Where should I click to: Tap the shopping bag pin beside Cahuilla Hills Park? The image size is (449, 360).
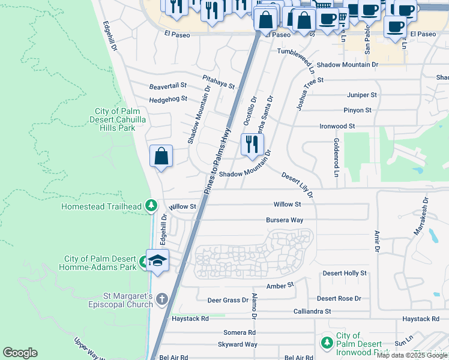[161, 157]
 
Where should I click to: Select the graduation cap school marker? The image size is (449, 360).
[157, 260]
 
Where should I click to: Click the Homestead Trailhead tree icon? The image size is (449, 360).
[151, 206]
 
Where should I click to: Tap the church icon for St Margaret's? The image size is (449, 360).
[161, 298]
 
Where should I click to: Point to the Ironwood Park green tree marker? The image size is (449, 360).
[327, 343]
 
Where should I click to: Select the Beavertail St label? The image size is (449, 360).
[168, 86]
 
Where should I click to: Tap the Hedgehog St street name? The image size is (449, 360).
[168, 99]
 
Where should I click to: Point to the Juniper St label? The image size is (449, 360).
[361, 95]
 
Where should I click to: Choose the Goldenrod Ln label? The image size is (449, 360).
[336, 157]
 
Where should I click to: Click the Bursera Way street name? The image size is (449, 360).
[285, 220]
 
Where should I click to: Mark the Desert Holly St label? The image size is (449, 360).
[345, 273]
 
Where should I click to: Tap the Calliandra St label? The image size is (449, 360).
[312, 311]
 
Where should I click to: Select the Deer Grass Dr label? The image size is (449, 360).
[228, 300]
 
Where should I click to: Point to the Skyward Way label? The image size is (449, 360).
[238, 344]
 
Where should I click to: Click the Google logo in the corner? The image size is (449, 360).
[20, 353]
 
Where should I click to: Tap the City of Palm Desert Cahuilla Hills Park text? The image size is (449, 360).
[115, 119]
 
